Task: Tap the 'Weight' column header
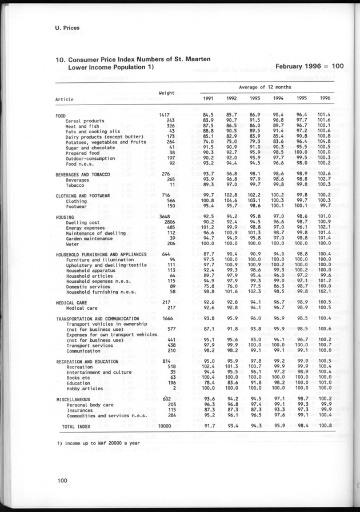coord(166,93)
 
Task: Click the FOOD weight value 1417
coord(166,116)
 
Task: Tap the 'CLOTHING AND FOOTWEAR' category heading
coord(85,196)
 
